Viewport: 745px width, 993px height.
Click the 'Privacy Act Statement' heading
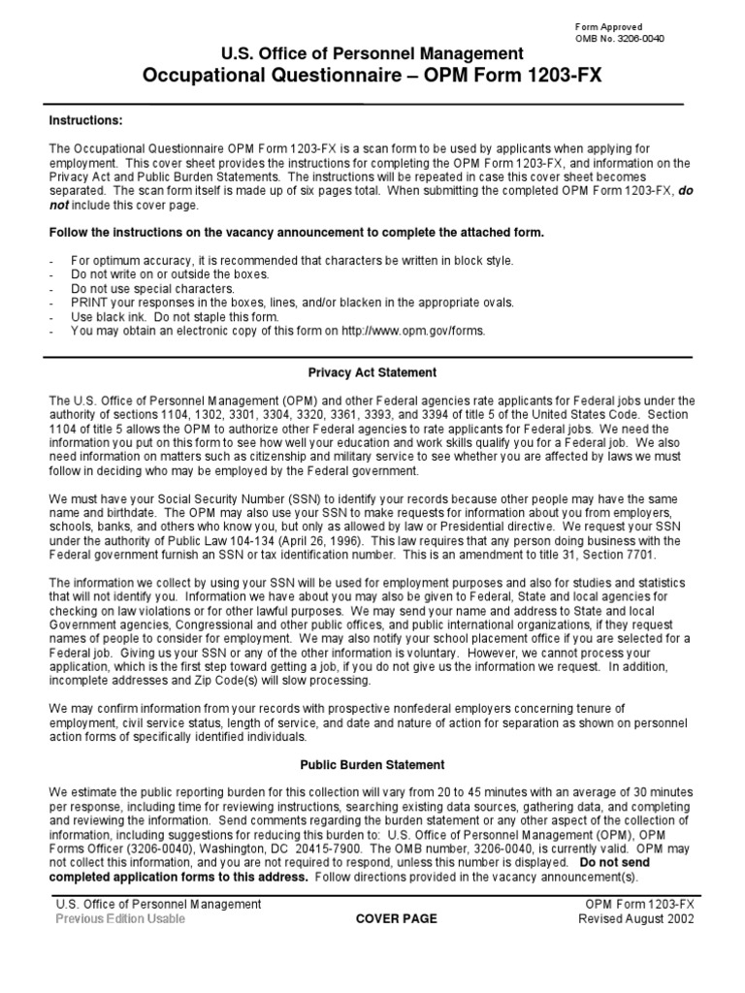point(372,372)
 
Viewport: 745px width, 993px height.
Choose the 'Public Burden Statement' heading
point(372,764)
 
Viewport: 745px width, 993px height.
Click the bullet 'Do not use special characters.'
point(152,289)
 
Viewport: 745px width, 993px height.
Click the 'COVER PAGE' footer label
point(396,918)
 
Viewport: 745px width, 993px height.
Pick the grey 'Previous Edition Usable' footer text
point(120,918)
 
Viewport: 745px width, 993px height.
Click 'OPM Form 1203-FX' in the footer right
point(634,904)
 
